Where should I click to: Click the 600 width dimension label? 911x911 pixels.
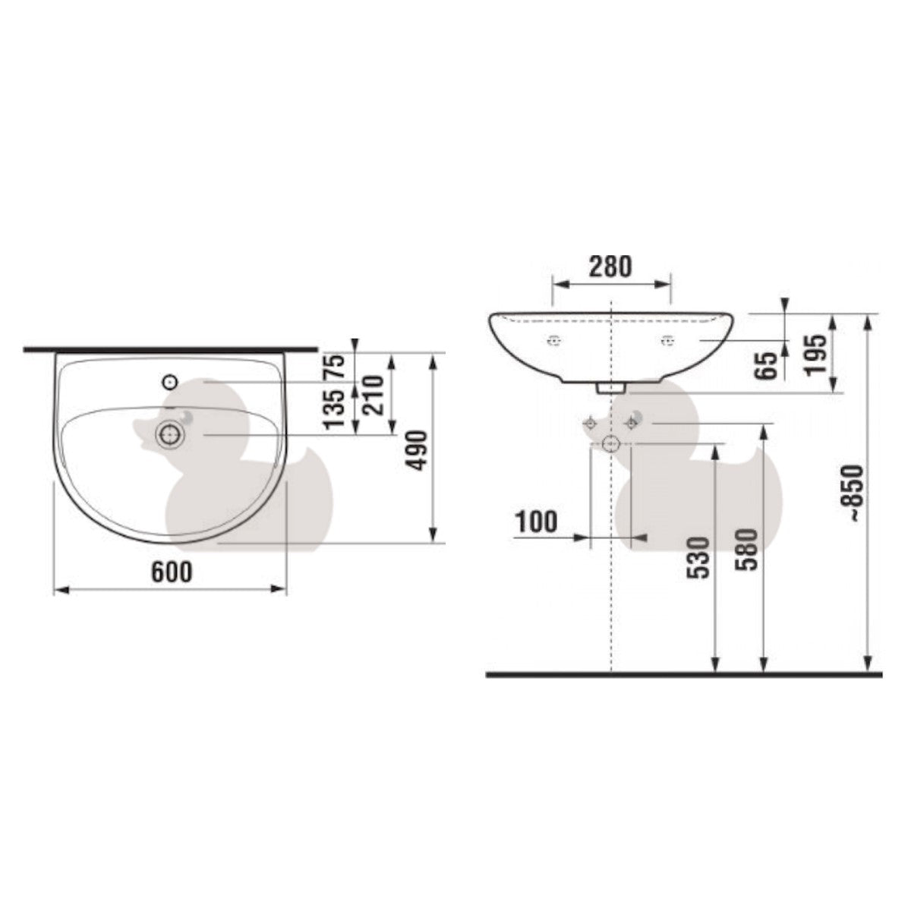point(172,572)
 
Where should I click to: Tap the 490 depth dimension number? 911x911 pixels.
point(418,450)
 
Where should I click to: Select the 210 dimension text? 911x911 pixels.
point(375,396)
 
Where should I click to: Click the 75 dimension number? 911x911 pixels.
point(335,366)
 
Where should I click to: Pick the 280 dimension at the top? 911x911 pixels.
point(610,266)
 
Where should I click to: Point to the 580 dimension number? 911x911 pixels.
point(749,550)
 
